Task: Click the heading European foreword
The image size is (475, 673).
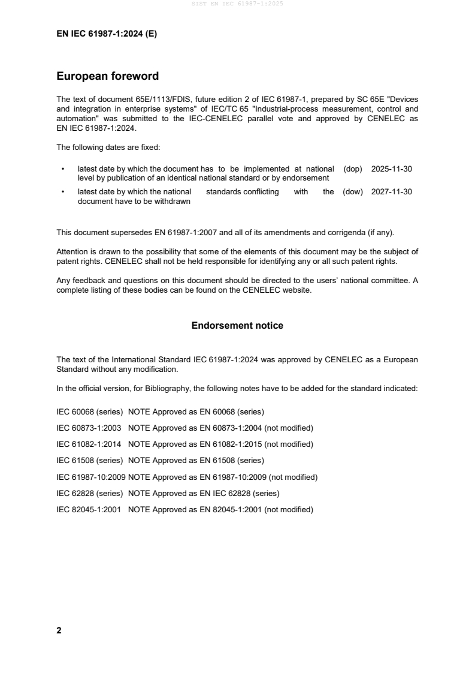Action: (x=107, y=76)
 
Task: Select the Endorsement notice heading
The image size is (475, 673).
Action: (x=237, y=326)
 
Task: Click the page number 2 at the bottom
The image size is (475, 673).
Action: (x=59, y=630)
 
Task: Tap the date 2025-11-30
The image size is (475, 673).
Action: (x=391, y=169)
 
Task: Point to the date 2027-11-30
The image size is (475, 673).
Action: (x=391, y=192)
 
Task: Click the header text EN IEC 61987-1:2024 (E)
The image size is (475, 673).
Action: (x=107, y=34)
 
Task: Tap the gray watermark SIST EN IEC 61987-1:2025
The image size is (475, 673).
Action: (x=237, y=4)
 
